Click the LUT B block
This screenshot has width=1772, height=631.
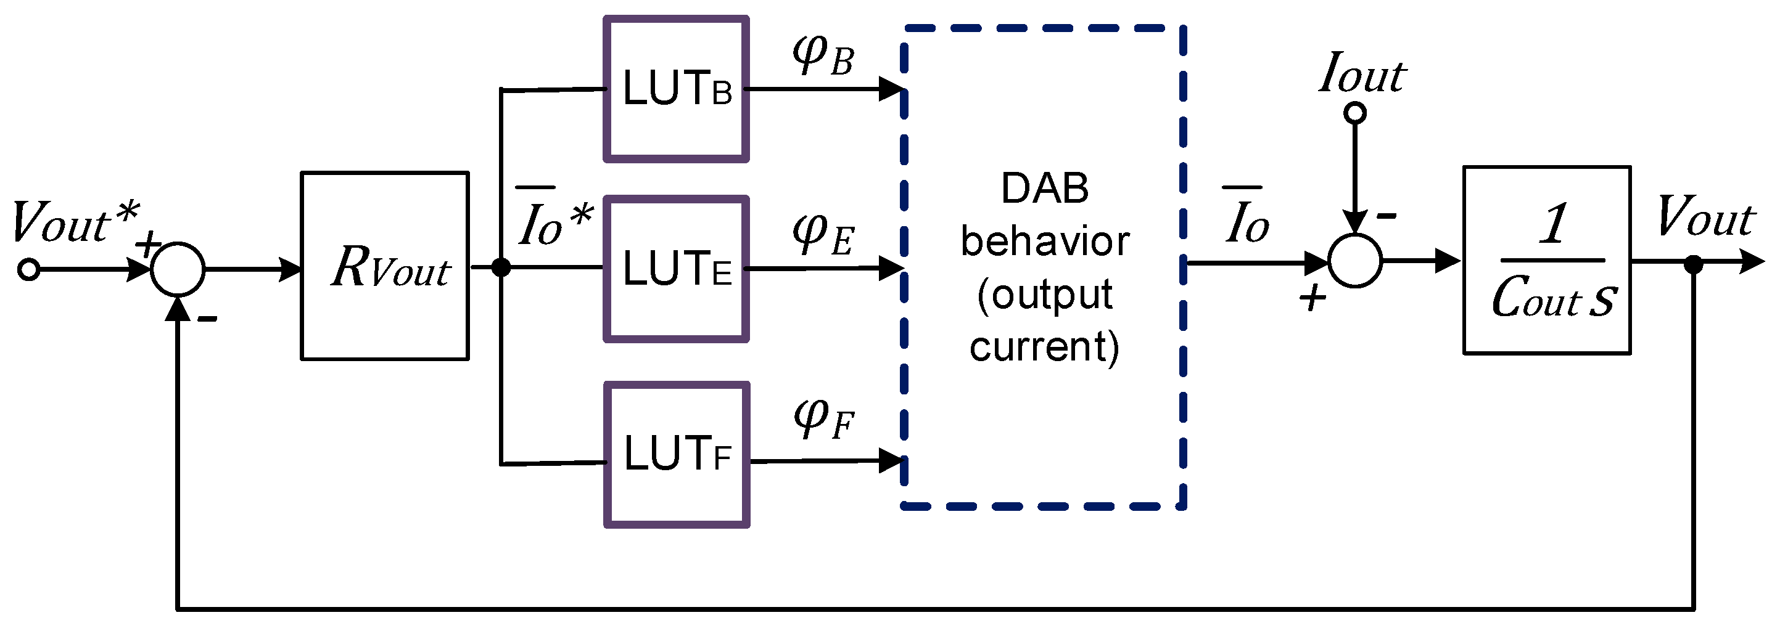[x=676, y=89]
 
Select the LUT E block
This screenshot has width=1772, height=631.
[x=676, y=269]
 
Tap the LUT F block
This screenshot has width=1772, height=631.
[x=677, y=455]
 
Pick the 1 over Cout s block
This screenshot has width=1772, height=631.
[x=1547, y=261]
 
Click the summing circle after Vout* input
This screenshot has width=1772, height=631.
[x=178, y=269]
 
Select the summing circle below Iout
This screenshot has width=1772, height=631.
[x=1355, y=261]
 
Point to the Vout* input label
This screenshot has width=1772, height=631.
[x=74, y=221]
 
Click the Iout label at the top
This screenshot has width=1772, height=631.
[x=1362, y=73]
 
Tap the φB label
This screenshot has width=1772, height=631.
[x=823, y=55]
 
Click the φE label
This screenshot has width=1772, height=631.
[x=823, y=234]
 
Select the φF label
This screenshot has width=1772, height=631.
[x=823, y=418]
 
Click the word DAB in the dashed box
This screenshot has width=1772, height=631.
[x=1045, y=189]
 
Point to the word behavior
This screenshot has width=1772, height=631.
[x=1045, y=242]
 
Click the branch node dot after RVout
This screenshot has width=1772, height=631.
[x=501, y=267]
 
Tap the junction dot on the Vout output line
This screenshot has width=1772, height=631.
[x=1694, y=263]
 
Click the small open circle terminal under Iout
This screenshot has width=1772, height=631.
[x=1355, y=112]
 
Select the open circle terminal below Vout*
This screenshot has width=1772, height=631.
[x=29, y=269]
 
